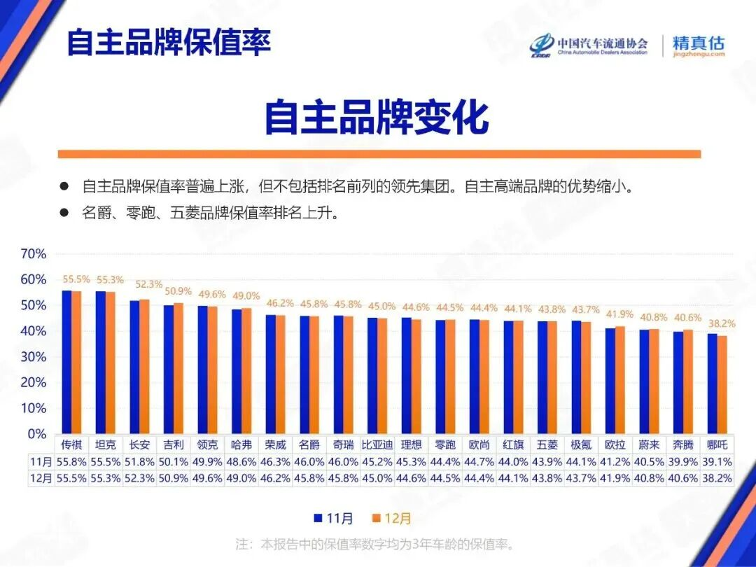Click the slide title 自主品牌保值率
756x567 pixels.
click(x=168, y=42)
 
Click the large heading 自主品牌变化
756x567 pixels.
click(x=376, y=117)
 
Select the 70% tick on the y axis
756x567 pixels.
click(x=33, y=254)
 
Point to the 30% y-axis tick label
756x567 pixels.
click(x=33, y=357)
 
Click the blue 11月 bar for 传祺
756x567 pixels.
click(x=66, y=362)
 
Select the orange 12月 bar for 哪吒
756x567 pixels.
click(x=722, y=384)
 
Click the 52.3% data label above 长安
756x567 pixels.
click(x=148, y=285)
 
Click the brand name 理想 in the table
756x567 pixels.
click(x=412, y=444)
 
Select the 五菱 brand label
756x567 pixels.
click(x=547, y=444)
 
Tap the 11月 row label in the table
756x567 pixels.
click(x=41, y=462)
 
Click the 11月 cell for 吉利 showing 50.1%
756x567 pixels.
click(x=174, y=462)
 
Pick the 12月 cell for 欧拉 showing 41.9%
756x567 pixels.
click(x=615, y=479)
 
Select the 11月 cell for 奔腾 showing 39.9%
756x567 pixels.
click(x=683, y=462)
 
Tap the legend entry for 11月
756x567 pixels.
click(x=334, y=519)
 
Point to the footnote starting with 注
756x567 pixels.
click(x=377, y=543)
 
